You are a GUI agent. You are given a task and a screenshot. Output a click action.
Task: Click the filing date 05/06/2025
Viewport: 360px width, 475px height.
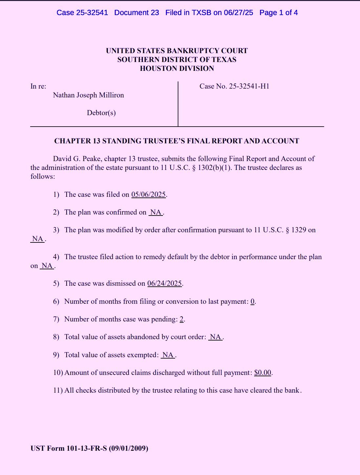click(149, 195)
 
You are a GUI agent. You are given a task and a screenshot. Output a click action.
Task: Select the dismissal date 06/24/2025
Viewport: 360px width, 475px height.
click(164, 283)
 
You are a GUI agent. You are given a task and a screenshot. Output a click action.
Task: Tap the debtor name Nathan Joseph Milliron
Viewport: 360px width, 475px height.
click(89, 95)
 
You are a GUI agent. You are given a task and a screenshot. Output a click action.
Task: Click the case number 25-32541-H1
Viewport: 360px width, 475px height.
click(249, 86)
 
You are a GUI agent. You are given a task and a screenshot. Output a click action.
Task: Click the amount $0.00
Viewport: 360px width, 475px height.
click(263, 373)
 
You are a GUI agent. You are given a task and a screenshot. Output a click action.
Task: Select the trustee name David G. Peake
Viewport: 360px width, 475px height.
click(77, 159)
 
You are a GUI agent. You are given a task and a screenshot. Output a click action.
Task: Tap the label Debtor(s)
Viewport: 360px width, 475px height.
click(101, 113)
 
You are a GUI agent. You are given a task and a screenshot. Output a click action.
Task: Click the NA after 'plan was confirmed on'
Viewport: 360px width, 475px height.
click(156, 212)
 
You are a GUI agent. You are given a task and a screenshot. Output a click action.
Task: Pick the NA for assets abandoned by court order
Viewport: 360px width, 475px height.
click(215, 337)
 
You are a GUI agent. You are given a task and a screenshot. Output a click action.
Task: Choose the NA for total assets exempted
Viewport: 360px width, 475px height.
click(168, 355)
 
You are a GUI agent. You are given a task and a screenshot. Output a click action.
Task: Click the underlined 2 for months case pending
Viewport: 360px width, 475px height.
click(182, 319)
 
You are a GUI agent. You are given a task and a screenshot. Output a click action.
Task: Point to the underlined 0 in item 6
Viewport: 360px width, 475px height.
click(252, 301)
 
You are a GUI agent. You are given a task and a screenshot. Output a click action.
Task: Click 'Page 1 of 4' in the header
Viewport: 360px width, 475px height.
click(278, 13)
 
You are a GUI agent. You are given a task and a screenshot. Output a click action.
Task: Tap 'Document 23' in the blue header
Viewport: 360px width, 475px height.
click(136, 13)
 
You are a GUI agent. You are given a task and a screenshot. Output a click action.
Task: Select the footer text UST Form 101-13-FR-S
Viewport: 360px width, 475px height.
click(69, 448)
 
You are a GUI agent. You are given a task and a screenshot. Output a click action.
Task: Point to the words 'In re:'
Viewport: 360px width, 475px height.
click(38, 86)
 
